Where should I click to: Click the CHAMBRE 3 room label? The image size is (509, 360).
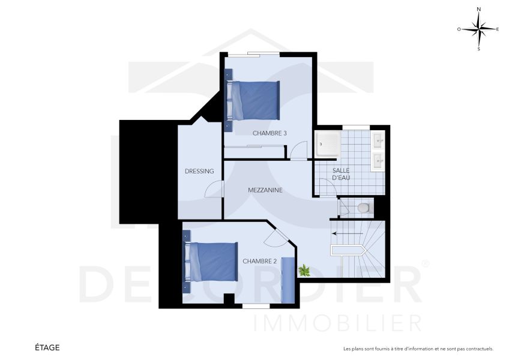269,133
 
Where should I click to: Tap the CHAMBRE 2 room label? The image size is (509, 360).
259,262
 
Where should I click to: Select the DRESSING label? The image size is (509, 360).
199,171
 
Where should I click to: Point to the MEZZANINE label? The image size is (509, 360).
265,190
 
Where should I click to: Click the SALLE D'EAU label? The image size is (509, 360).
341,174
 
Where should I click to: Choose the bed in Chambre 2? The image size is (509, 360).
211,262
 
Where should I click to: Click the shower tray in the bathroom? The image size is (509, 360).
328,144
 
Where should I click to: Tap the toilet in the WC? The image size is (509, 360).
363,208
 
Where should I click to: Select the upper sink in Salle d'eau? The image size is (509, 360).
379,142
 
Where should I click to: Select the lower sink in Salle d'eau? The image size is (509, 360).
379,160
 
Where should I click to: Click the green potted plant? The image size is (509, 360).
304,271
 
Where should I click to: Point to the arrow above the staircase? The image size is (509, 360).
348,233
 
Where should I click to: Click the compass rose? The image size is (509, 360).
478,28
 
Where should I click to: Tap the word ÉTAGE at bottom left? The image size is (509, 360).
47,347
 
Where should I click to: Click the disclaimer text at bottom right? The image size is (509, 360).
418,349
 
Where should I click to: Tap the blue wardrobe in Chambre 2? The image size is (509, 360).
289,280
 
